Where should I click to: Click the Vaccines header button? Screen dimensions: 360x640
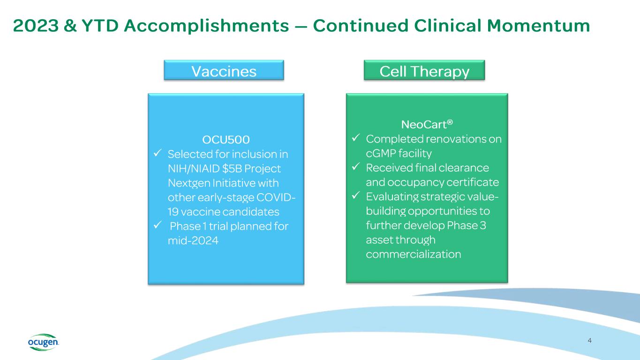tap(224, 71)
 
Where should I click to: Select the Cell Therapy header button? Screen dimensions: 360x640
tap(424, 71)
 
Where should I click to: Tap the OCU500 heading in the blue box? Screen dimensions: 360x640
tap(226, 139)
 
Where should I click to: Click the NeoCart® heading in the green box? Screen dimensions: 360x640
tap(427, 125)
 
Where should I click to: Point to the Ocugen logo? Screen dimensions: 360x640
tap(42, 342)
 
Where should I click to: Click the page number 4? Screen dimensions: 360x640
tap(589, 341)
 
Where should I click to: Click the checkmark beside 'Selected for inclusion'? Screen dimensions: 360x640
tap(158, 154)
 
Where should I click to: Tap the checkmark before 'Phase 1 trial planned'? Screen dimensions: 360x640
tap(158, 226)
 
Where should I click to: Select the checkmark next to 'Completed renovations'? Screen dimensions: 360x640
tap(356, 139)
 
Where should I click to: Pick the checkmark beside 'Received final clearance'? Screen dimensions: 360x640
tap(356, 168)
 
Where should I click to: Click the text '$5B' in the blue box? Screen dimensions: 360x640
tap(228, 168)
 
